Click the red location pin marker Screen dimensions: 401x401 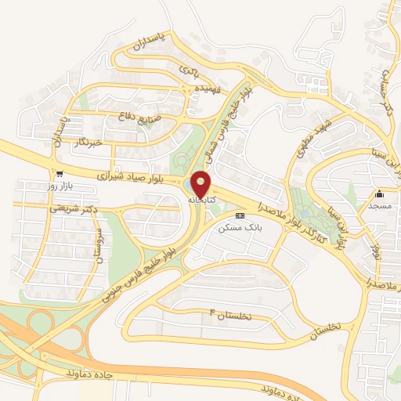click(x=201, y=183)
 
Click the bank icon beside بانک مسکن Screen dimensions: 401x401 click(x=239, y=215)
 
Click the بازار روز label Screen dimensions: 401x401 click(x=58, y=185)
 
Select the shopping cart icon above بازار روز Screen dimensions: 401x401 click(x=58, y=173)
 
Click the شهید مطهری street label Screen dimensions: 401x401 click(x=315, y=137)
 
